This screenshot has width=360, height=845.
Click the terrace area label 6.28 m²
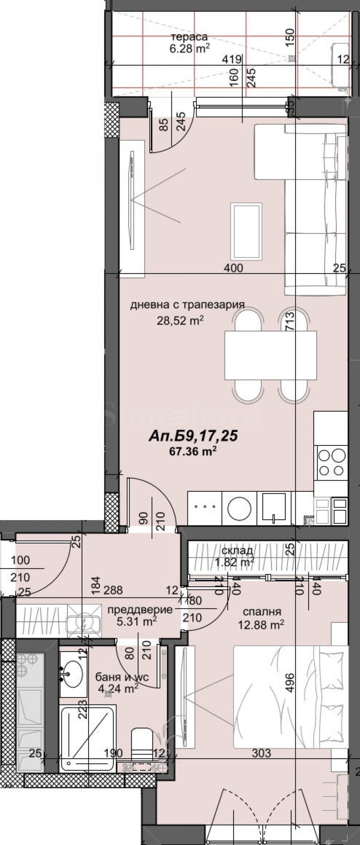pyautogui.click(x=189, y=49)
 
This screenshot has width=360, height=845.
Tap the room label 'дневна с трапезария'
pyautogui.click(x=187, y=305)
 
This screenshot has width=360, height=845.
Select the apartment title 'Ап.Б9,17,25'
pyautogui.click(x=193, y=436)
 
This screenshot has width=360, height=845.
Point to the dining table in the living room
pyautogui.click(x=270, y=355)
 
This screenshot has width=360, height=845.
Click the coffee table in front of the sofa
pyautogui.click(x=246, y=231)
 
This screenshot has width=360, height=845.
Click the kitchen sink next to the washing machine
pyautogui.click(x=274, y=508)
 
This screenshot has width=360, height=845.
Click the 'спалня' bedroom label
pyautogui.click(x=261, y=611)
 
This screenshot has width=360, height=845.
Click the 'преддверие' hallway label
pyautogui.click(x=140, y=610)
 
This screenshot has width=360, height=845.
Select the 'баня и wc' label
pyautogui.click(x=121, y=677)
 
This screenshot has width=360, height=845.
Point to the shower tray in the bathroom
pyautogui.click(x=87, y=737)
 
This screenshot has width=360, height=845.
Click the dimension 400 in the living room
pyautogui.click(x=234, y=268)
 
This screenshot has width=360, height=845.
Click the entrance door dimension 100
pyautogui.click(x=20, y=560)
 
